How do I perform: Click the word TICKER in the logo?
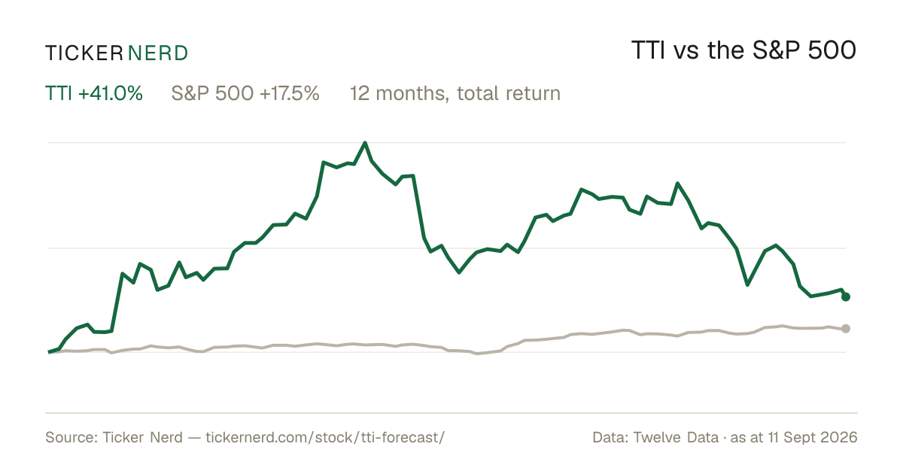coord(84,53)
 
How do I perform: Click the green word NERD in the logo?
coord(158,53)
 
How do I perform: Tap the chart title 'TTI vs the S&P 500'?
coord(743,50)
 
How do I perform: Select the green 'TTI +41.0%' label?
coord(94,93)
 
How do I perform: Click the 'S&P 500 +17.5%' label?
coord(245,93)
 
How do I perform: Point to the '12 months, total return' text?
coord(455,93)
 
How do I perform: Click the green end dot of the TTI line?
coord(846,296)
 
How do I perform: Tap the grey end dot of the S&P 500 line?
coord(846,329)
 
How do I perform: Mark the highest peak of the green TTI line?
coord(365,143)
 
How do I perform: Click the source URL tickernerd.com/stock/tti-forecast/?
coord(325,437)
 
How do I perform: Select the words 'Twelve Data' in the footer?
coord(676,437)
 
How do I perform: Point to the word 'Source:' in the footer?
coord(71,437)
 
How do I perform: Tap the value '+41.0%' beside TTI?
coord(111,93)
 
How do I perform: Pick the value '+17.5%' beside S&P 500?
coord(290,93)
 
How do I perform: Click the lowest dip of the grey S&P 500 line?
coord(477,354)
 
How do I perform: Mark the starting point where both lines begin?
coord(49,352)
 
